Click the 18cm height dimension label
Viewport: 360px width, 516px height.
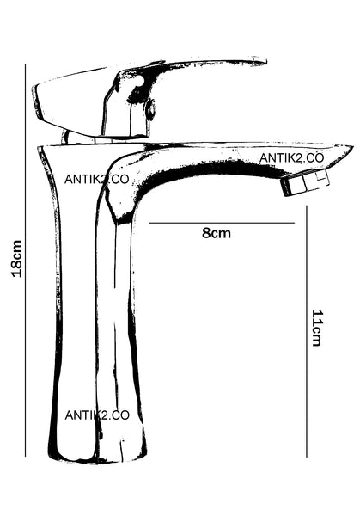pyautogui.click(x=17, y=259)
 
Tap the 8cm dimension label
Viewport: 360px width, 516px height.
pyautogui.click(x=217, y=233)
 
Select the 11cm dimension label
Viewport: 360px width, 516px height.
pyautogui.click(x=317, y=328)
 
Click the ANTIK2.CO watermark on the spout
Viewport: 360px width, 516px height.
pyautogui.click(x=291, y=158)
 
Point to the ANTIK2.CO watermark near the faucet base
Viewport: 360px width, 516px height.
pyautogui.click(x=97, y=415)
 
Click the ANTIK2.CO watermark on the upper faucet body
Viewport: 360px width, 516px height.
pyautogui.click(x=96, y=180)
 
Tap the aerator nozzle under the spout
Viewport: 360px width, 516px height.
pyautogui.click(x=305, y=182)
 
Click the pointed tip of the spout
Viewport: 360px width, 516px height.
pyautogui.click(x=353, y=147)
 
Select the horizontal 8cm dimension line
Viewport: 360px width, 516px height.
pyautogui.click(x=222, y=223)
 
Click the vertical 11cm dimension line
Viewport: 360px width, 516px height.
pyautogui.click(x=307, y=331)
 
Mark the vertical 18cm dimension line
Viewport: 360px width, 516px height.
pyautogui.click(x=25, y=260)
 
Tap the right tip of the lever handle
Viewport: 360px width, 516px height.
pyautogui.click(x=266, y=61)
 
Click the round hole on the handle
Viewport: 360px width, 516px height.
pyautogui.click(x=140, y=80)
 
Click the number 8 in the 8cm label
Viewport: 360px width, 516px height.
pyautogui.click(x=206, y=233)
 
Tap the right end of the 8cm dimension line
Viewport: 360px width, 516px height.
pyautogui.click(x=294, y=223)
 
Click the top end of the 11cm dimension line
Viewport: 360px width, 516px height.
pyautogui.click(x=307, y=206)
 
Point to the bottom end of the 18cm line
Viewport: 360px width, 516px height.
pyautogui.click(x=25, y=456)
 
